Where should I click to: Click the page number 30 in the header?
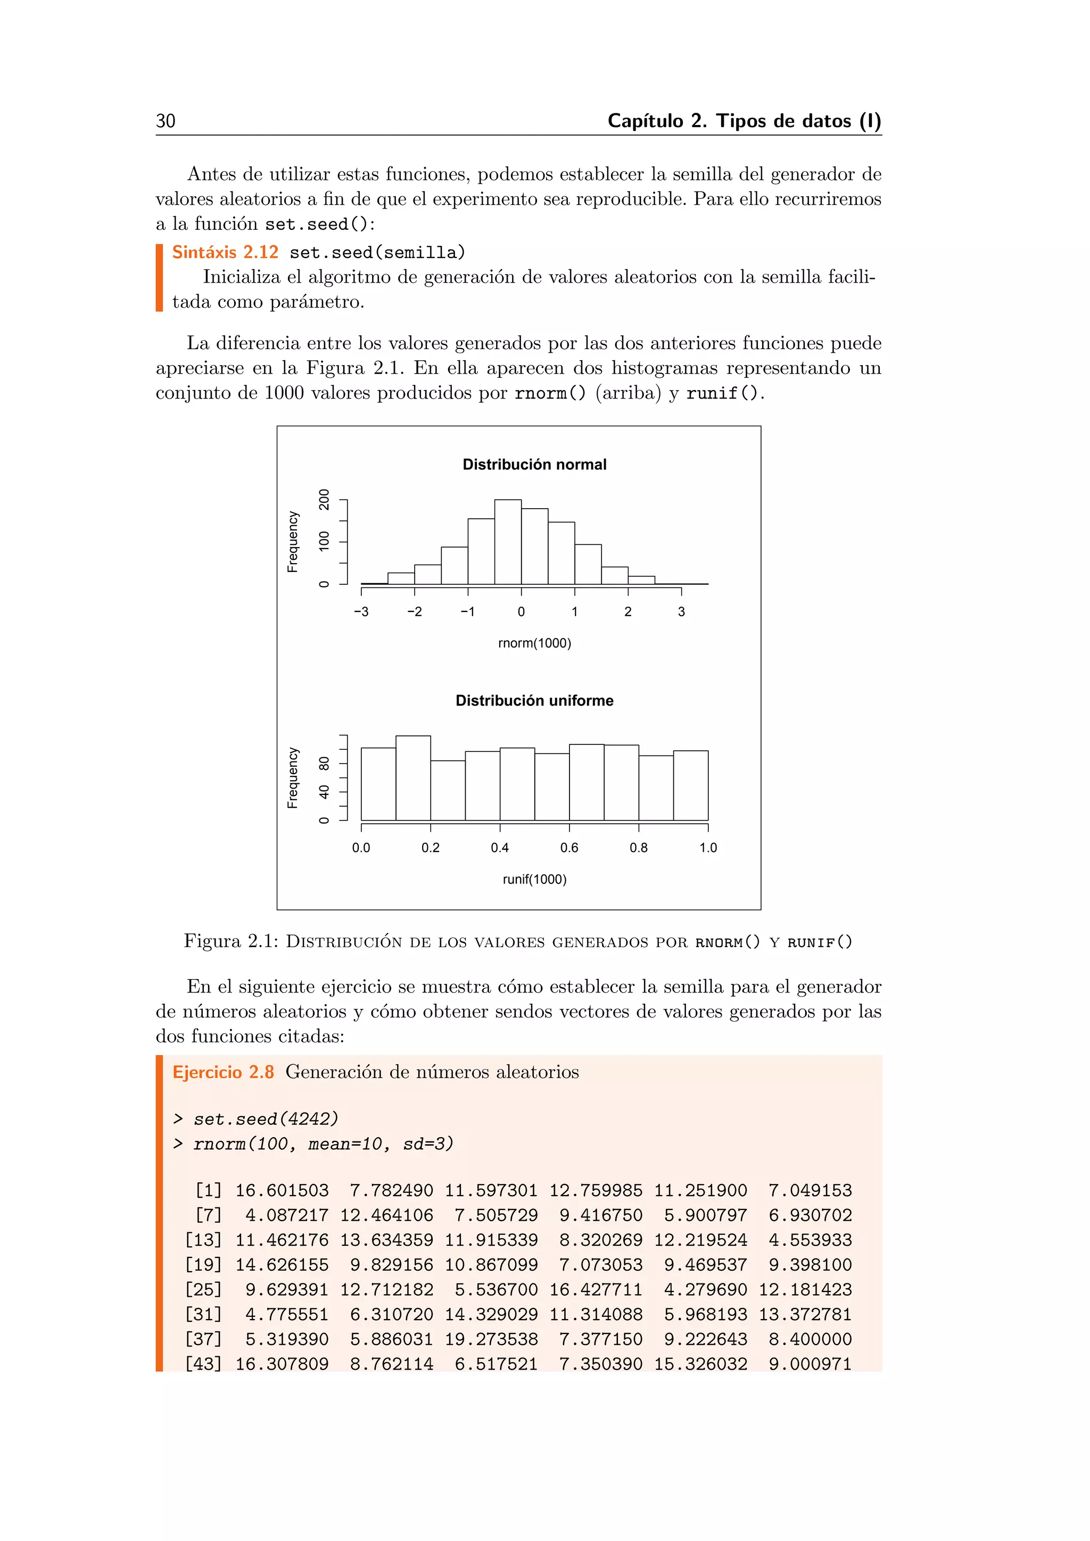[165, 121]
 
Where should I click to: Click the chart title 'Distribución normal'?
[534, 465]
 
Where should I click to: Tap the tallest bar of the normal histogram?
[508, 542]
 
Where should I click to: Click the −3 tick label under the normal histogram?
[361, 611]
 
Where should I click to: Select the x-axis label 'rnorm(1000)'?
[534, 643]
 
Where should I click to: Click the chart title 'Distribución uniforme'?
[534, 701]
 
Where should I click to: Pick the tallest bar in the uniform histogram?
[413, 778]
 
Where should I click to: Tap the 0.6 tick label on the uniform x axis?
[569, 848]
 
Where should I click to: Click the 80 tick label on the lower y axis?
[325, 764]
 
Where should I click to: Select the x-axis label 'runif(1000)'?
[534, 879]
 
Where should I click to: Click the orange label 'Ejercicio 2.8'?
[223, 1072]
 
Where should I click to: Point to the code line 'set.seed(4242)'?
[266, 1119]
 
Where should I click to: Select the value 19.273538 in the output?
[491, 1339]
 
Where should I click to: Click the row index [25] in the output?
[203, 1289]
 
